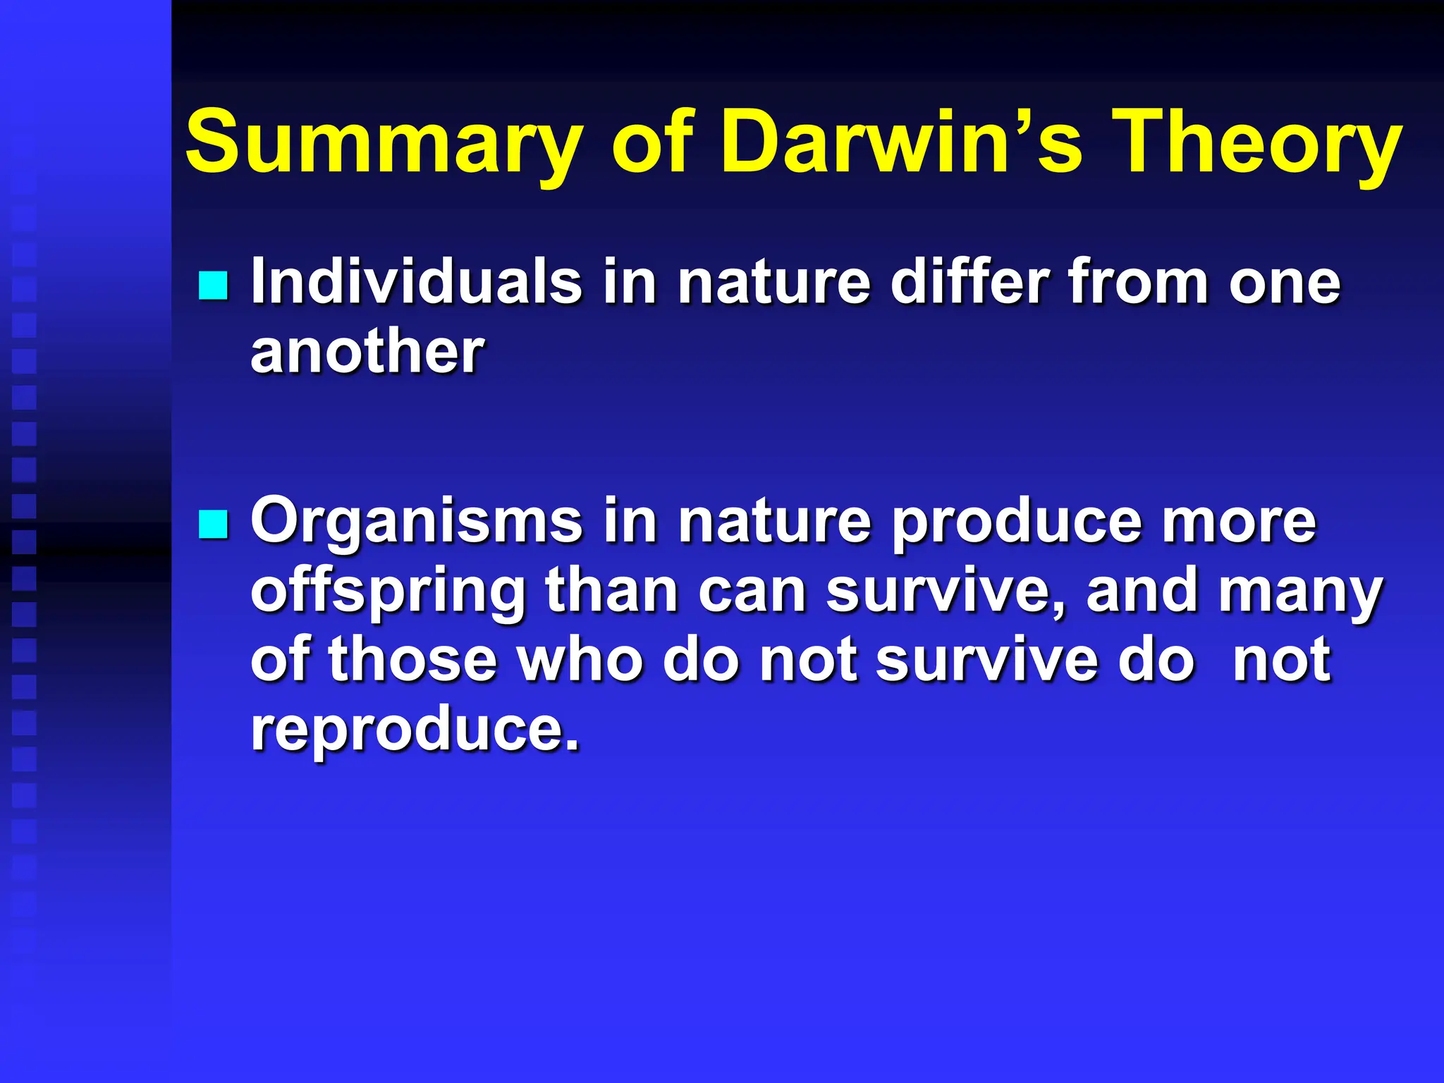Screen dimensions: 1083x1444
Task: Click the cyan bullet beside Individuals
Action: coord(213,286)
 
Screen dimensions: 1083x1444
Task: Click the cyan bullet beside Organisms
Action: coord(213,525)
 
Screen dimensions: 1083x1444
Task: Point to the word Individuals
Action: coord(416,282)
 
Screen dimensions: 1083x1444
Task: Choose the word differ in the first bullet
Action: coord(970,282)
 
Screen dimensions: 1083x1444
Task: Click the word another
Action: coord(367,351)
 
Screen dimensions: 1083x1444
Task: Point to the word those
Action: coord(412,660)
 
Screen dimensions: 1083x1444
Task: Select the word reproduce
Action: coord(415,730)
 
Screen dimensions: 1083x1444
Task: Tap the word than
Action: coord(611,591)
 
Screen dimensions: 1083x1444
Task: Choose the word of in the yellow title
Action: coord(651,143)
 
